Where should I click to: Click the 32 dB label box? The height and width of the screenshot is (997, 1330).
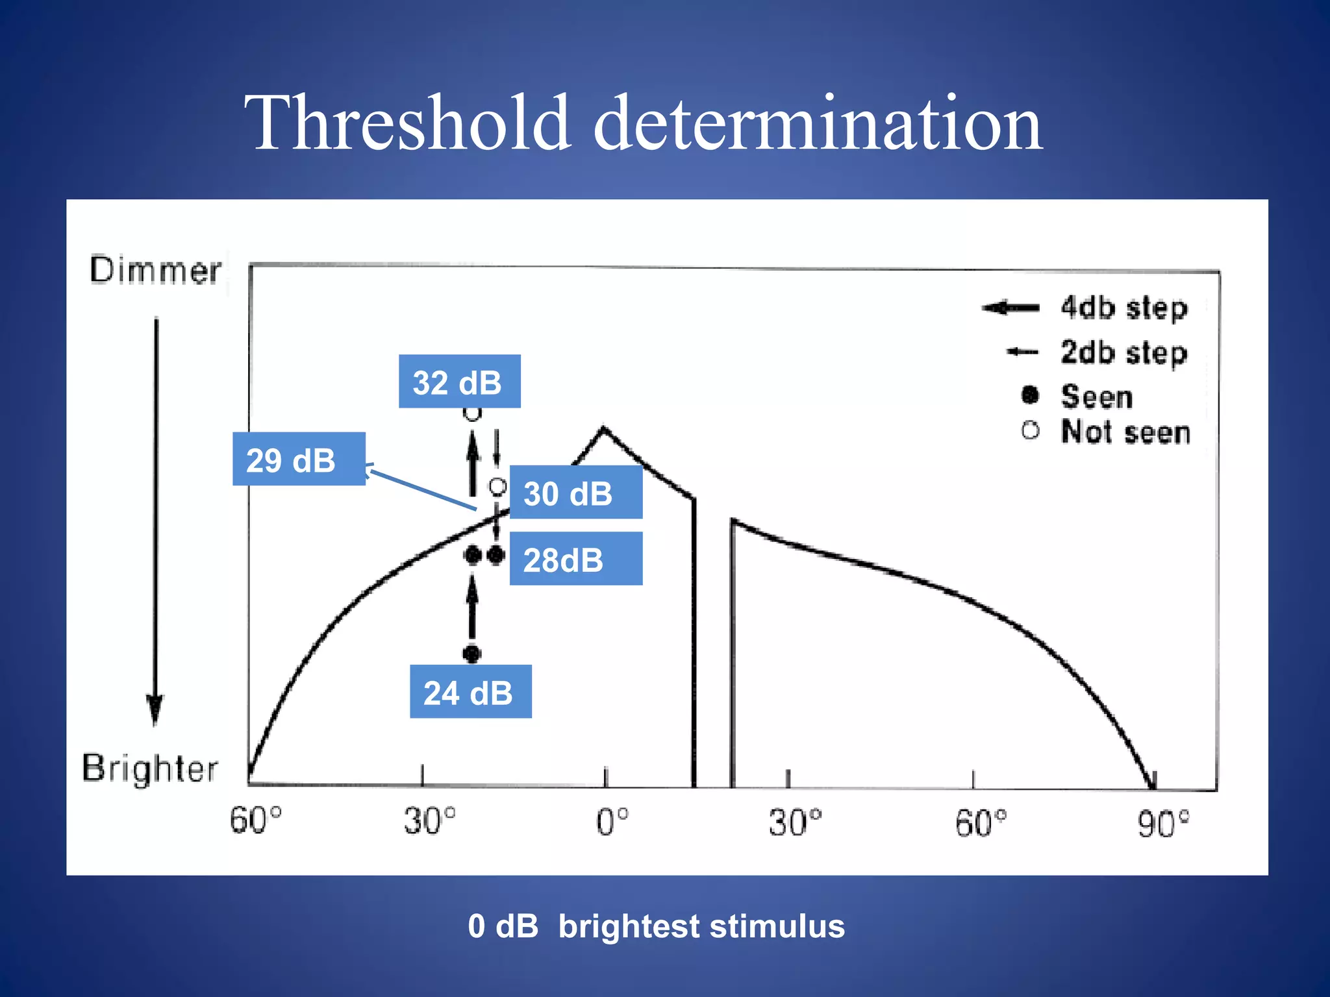(x=459, y=382)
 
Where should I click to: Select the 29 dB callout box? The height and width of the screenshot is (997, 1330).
(x=299, y=459)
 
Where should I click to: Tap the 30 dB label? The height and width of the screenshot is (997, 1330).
(x=575, y=493)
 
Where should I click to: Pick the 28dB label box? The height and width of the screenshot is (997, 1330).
(x=575, y=559)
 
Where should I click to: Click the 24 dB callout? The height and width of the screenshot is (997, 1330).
(x=470, y=692)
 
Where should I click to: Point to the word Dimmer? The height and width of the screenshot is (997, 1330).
(x=155, y=270)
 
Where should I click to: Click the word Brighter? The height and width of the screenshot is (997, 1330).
(x=150, y=769)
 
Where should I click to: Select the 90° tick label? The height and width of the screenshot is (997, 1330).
(x=1163, y=824)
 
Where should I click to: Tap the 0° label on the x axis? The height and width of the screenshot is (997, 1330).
(x=612, y=822)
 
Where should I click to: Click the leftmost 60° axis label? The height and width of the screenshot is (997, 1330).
(x=255, y=820)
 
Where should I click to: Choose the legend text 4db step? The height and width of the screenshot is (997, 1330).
(x=1124, y=308)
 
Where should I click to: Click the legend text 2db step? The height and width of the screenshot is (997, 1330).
(x=1124, y=352)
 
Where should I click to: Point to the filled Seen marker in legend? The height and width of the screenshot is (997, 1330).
(x=1030, y=395)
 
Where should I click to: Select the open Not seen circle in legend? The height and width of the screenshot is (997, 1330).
(x=1030, y=430)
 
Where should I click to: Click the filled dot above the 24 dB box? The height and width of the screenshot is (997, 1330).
(x=472, y=653)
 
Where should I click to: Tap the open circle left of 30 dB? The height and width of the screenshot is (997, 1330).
(x=497, y=486)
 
